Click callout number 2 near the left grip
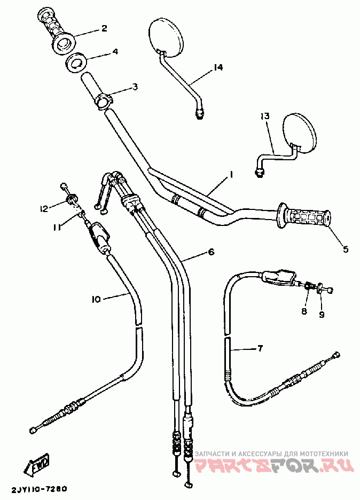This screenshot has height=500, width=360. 104,28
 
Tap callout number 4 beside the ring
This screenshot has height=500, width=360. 115,52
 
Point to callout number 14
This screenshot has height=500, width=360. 217,68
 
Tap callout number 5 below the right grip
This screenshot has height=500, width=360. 345,249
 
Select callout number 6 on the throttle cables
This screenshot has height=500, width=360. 211,251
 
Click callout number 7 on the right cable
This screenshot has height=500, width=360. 260,349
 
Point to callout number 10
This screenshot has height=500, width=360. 96,300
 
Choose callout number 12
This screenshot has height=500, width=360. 44,208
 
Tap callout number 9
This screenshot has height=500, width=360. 322,315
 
